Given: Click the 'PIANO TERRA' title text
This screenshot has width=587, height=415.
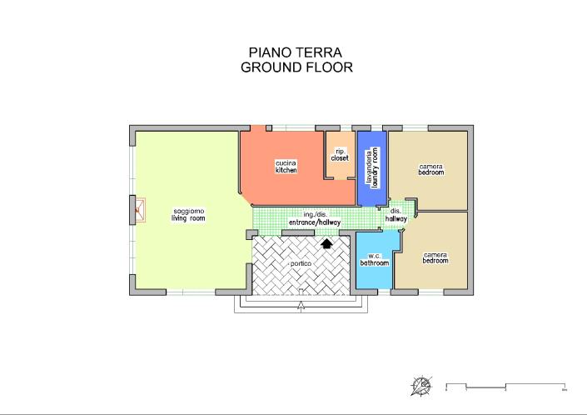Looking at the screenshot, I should (296, 52).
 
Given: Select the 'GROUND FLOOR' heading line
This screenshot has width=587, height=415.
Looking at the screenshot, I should (296, 67).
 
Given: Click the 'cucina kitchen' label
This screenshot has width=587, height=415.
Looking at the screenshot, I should (286, 166).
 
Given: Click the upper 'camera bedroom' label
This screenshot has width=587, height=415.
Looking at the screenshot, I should (430, 169).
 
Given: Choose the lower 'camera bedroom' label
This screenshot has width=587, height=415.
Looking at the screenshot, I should (435, 257).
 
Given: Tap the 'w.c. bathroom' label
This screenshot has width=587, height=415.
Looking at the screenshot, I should (374, 260).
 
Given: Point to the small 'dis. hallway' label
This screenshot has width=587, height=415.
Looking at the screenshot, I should (396, 215).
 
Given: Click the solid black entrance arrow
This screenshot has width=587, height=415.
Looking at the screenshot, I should (326, 243).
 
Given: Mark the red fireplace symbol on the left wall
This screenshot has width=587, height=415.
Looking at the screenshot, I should (139, 210).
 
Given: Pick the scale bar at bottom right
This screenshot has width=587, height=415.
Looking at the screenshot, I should (506, 386).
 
